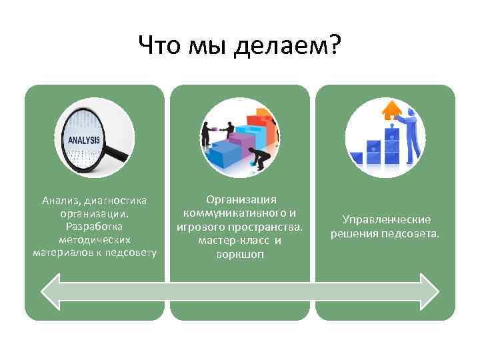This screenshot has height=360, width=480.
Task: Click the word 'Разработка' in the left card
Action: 94,227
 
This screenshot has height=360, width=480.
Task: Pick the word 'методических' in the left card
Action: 94,239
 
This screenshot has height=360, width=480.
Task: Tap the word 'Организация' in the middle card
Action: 241,199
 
